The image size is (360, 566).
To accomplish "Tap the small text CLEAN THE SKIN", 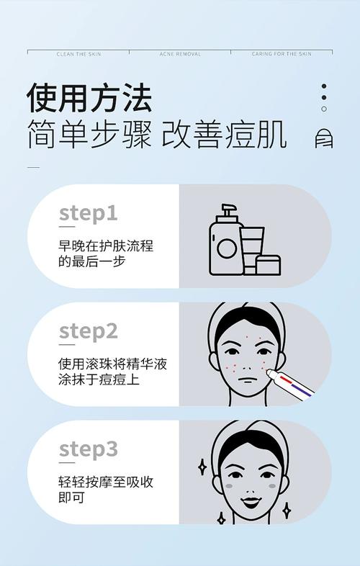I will (x=78, y=54).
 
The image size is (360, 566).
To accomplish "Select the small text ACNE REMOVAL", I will (x=180, y=54).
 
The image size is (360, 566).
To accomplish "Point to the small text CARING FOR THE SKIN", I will (x=282, y=54).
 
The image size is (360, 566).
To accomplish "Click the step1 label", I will (x=88, y=214).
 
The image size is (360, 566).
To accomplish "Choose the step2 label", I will (x=88, y=331).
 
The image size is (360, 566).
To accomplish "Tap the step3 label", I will (x=88, y=449).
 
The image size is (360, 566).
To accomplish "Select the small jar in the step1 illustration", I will (x=268, y=264).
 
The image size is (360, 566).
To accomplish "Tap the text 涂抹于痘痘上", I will (x=99, y=379).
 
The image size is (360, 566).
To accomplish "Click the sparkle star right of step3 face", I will (x=287, y=510).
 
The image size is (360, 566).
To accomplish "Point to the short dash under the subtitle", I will (x=33, y=167).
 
